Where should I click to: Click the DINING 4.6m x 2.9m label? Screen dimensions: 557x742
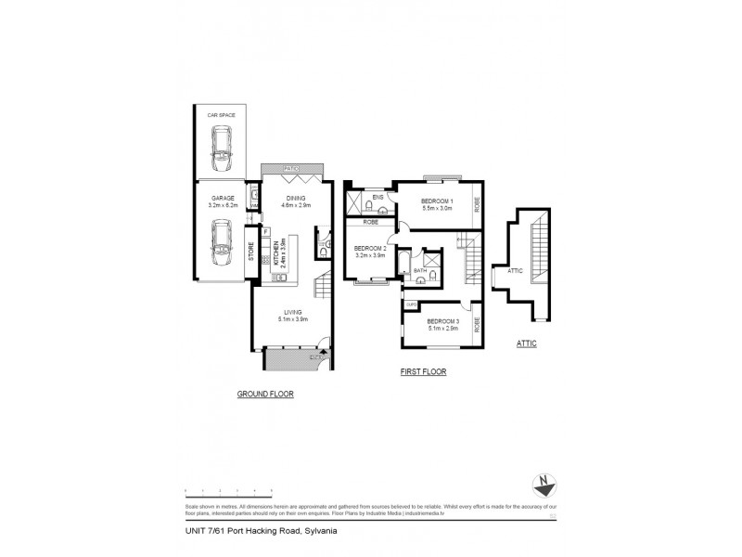coord(297,201)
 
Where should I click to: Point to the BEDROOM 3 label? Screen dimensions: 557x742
coord(443,324)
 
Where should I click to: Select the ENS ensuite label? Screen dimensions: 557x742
coord(377,198)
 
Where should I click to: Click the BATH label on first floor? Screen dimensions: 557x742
coord(406,270)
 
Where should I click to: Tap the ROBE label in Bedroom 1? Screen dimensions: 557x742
coord(477,200)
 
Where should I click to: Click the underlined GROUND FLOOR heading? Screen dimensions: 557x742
coord(265,395)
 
